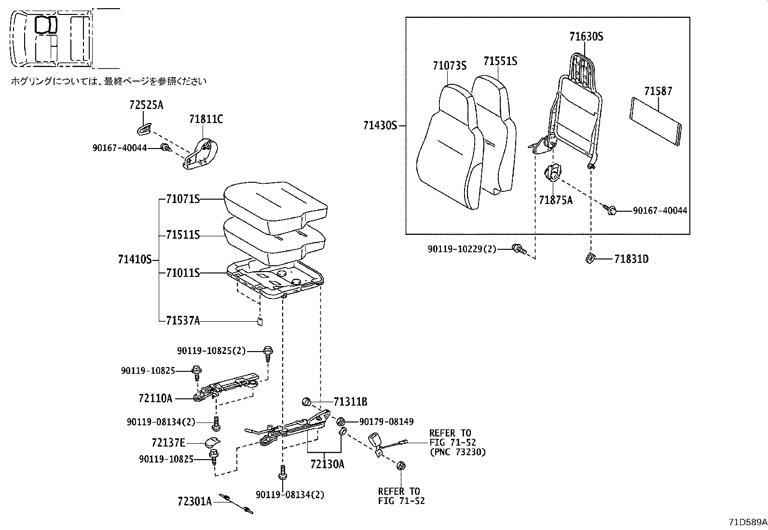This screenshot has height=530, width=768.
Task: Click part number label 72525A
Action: click(x=146, y=105)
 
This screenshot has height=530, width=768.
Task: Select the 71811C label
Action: click(x=206, y=119)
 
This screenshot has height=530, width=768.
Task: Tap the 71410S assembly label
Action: click(x=135, y=260)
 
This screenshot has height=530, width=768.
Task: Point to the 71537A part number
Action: click(x=182, y=320)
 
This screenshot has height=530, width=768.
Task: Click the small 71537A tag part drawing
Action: click(x=259, y=322)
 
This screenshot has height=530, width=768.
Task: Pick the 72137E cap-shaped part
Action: click(x=212, y=441)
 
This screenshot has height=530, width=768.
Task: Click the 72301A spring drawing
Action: click(x=236, y=503)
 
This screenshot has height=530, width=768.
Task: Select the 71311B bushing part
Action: click(x=306, y=401)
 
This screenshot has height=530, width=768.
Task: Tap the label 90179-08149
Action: click(x=386, y=422)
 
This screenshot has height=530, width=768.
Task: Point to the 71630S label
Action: click(x=586, y=37)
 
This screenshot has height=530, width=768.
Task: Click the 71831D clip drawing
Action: click(x=589, y=258)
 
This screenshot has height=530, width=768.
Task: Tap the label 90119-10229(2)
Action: click(x=461, y=249)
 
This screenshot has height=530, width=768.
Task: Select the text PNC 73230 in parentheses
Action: click(x=457, y=452)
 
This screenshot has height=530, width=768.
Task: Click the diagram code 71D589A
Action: click(x=747, y=522)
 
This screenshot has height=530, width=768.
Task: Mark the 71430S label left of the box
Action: click(x=380, y=125)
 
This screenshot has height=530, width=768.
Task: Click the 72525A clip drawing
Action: click(x=143, y=128)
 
